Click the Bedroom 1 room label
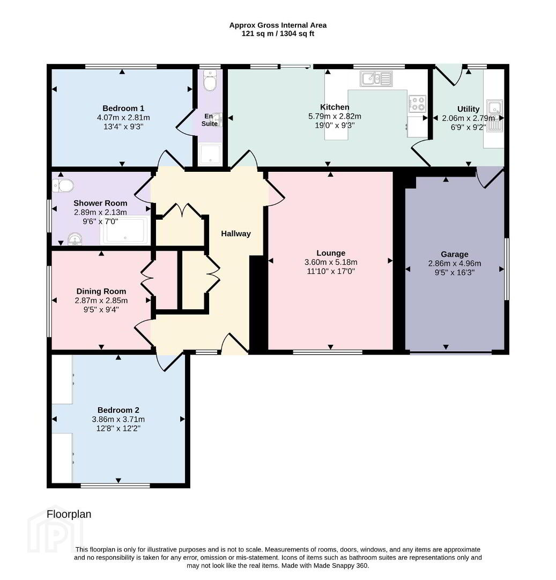tap(123, 108)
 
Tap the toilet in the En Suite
tap(210, 80)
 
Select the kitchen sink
tap(376, 79)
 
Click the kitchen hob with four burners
tap(417, 104)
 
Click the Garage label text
tap(455, 254)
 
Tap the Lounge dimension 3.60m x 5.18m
tap(331, 262)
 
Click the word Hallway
tap(236, 234)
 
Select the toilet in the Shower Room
tap(63, 186)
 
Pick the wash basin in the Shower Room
tap(75, 239)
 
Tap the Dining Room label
tap(101, 292)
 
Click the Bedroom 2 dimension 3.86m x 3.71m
tap(118, 419)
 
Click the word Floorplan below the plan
tap(69, 514)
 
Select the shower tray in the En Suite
tap(210, 154)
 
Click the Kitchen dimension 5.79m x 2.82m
tap(335, 116)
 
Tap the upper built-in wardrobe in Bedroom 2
tap(62, 380)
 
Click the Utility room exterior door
tap(449, 74)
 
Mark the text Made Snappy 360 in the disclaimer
tap(341, 565)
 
